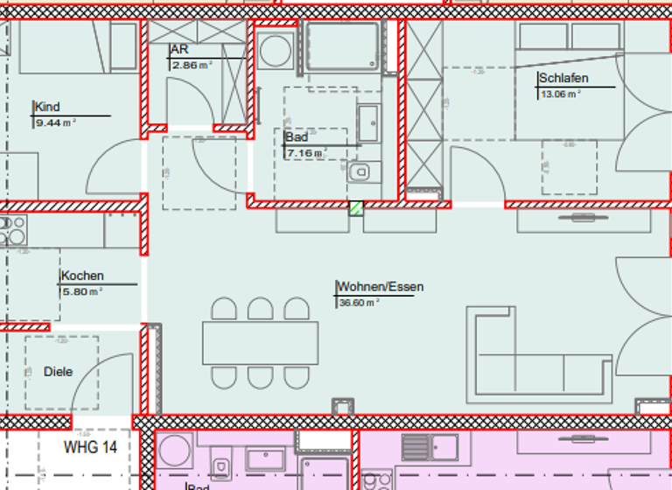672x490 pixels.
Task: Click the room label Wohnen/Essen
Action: [x=380, y=287]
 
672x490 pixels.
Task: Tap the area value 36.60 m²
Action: [x=359, y=303]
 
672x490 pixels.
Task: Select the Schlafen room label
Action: [x=563, y=79]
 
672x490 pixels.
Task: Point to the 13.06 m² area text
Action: [x=561, y=94]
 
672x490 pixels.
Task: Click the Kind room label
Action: [x=47, y=108]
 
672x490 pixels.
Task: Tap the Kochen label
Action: [x=82, y=276]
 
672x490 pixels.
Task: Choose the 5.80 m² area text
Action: [x=81, y=292]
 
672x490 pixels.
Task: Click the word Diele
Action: [x=58, y=372]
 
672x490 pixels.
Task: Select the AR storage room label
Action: [x=179, y=51]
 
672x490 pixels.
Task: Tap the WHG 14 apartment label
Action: [x=90, y=447]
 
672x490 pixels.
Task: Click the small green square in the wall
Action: [x=356, y=207]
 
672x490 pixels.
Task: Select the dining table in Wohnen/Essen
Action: [x=261, y=343]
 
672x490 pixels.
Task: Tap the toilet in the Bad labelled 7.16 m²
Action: [x=362, y=172]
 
